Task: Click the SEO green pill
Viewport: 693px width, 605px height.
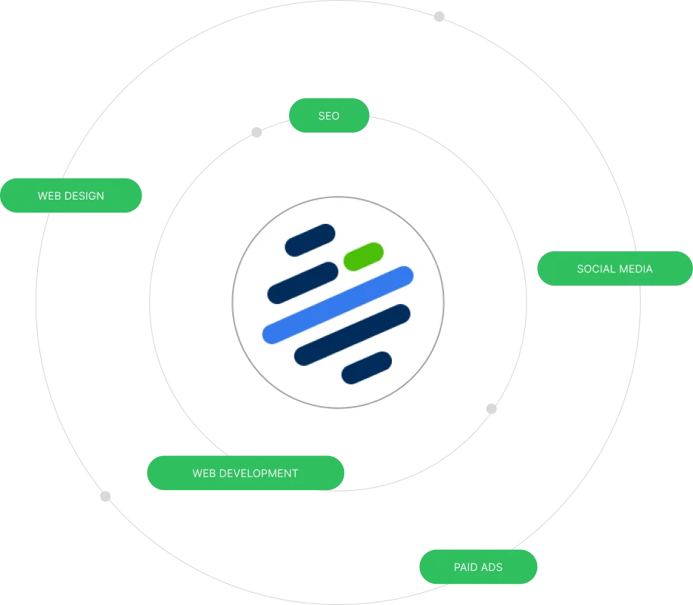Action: [x=328, y=116]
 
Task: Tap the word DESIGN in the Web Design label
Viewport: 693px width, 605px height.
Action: [x=85, y=196]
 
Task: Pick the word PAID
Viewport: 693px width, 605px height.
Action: [x=466, y=566]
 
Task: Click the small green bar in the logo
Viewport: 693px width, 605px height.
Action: [x=363, y=256]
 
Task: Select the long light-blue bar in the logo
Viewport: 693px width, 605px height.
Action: [x=337, y=305]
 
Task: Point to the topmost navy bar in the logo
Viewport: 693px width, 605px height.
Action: [x=309, y=240]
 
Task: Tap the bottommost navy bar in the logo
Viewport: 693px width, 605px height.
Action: [x=366, y=368]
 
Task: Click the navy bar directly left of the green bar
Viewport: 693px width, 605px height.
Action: [x=303, y=283]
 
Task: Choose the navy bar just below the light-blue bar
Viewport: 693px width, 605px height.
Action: [x=352, y=334]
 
